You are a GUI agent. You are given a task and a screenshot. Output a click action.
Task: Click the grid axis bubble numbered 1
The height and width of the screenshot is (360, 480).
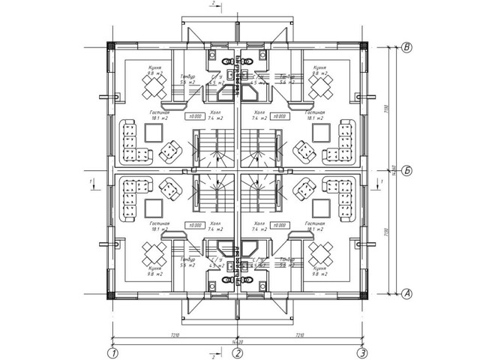coord(112,352)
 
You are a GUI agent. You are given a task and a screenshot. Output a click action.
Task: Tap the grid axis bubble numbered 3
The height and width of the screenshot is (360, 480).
coord(362,352)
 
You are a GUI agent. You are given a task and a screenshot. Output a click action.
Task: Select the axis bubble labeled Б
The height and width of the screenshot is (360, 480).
coord(407,170)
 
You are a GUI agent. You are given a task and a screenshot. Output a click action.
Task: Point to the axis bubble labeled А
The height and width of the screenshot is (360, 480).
coord(407,293)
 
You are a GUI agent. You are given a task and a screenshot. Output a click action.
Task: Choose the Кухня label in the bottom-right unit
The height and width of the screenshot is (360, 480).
coord(321,268)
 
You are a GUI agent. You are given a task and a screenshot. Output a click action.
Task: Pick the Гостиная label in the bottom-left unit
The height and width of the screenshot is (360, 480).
coord(160,224)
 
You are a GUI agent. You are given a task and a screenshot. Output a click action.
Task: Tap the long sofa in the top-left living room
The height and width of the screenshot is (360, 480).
coord(126,142)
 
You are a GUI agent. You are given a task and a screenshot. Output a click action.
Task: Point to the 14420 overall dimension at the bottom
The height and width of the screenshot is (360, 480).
coord(237,341)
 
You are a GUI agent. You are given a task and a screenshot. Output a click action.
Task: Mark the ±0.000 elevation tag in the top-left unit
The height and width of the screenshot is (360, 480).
coord(196,116)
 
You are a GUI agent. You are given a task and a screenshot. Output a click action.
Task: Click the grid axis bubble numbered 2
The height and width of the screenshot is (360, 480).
coord(237,352)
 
